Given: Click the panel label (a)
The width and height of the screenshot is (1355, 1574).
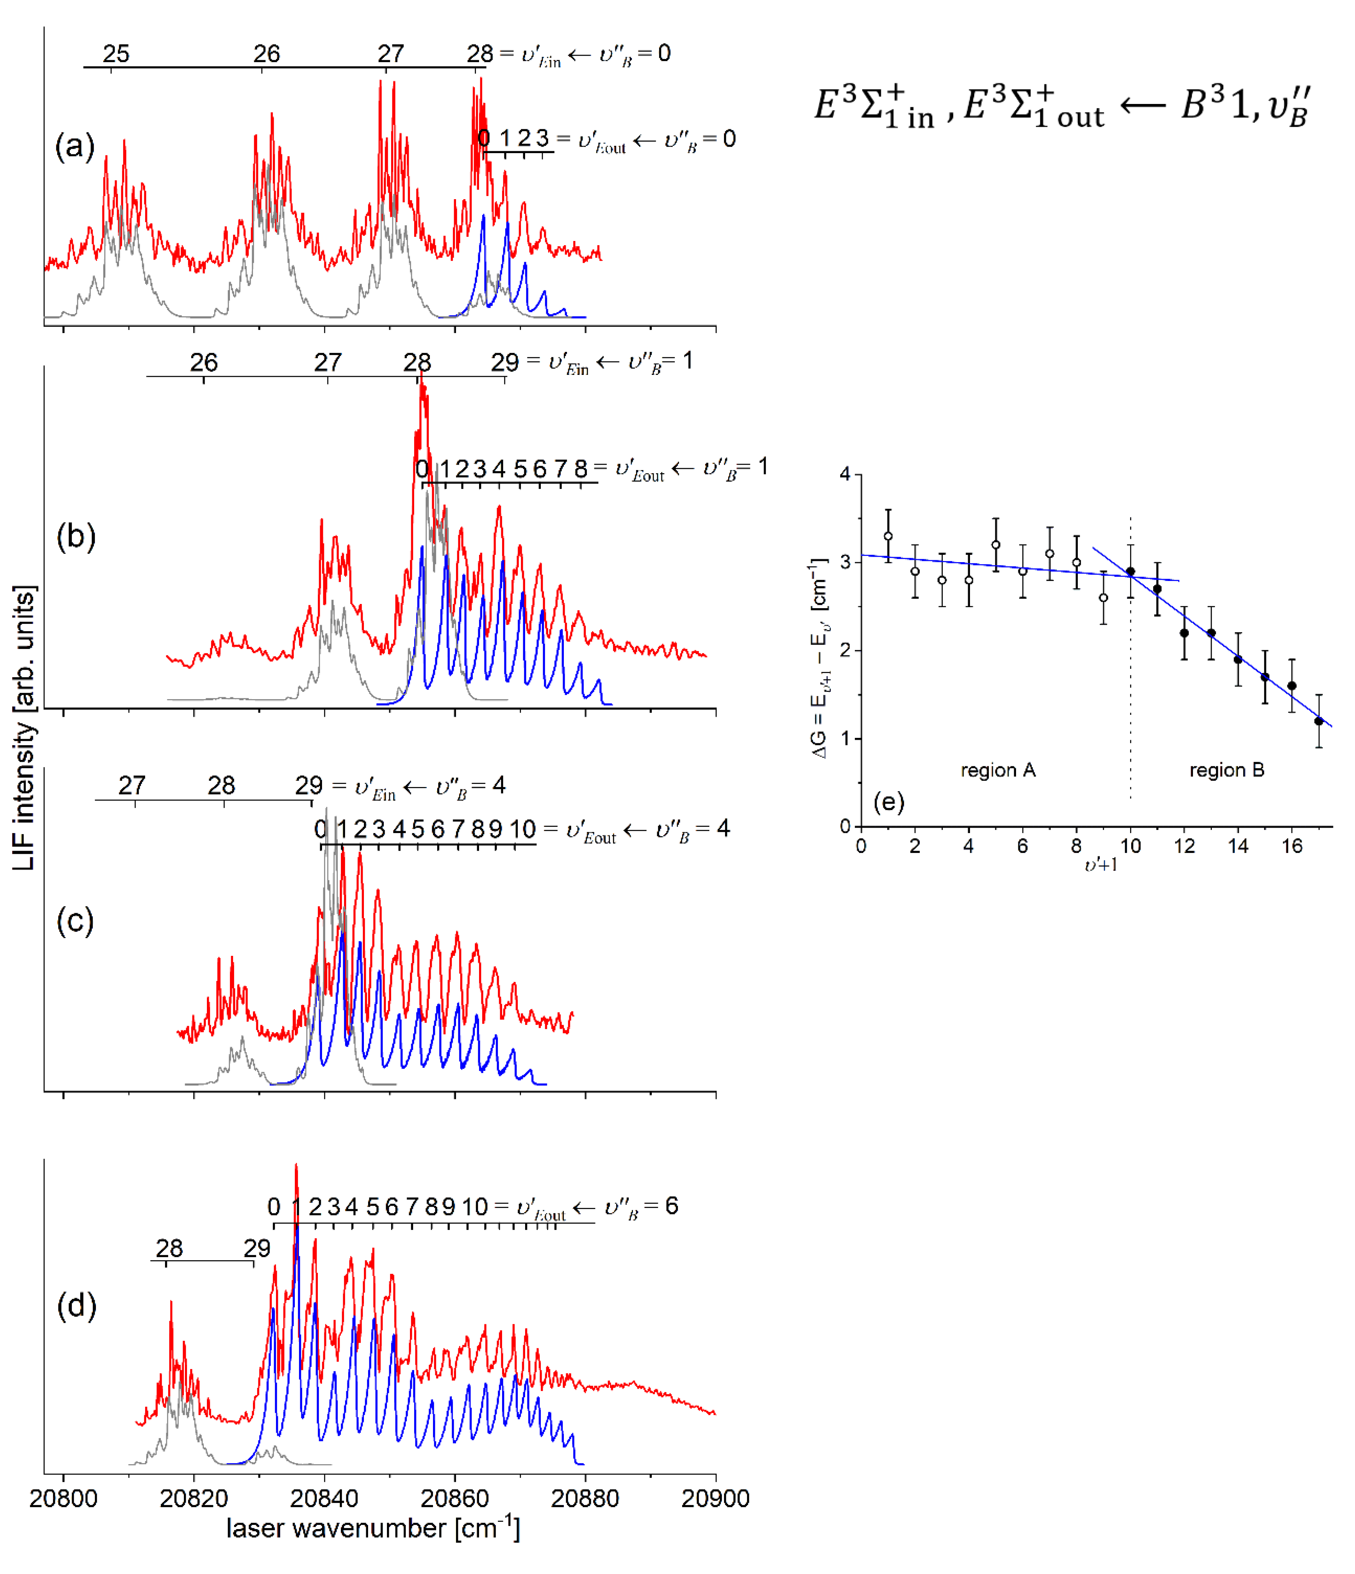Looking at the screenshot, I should click(74, 145).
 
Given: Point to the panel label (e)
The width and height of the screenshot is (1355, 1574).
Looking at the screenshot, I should click(888, 802).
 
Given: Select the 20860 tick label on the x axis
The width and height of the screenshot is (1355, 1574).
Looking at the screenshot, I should click(454, 1498).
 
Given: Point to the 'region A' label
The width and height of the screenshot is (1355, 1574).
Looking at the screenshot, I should click(998, 770).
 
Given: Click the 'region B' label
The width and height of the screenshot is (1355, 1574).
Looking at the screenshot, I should click(1226, 770).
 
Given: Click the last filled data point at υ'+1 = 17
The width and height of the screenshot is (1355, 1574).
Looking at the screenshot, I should click(1319, 721).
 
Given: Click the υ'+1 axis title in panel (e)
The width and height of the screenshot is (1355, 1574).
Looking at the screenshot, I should click(1101, 865).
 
